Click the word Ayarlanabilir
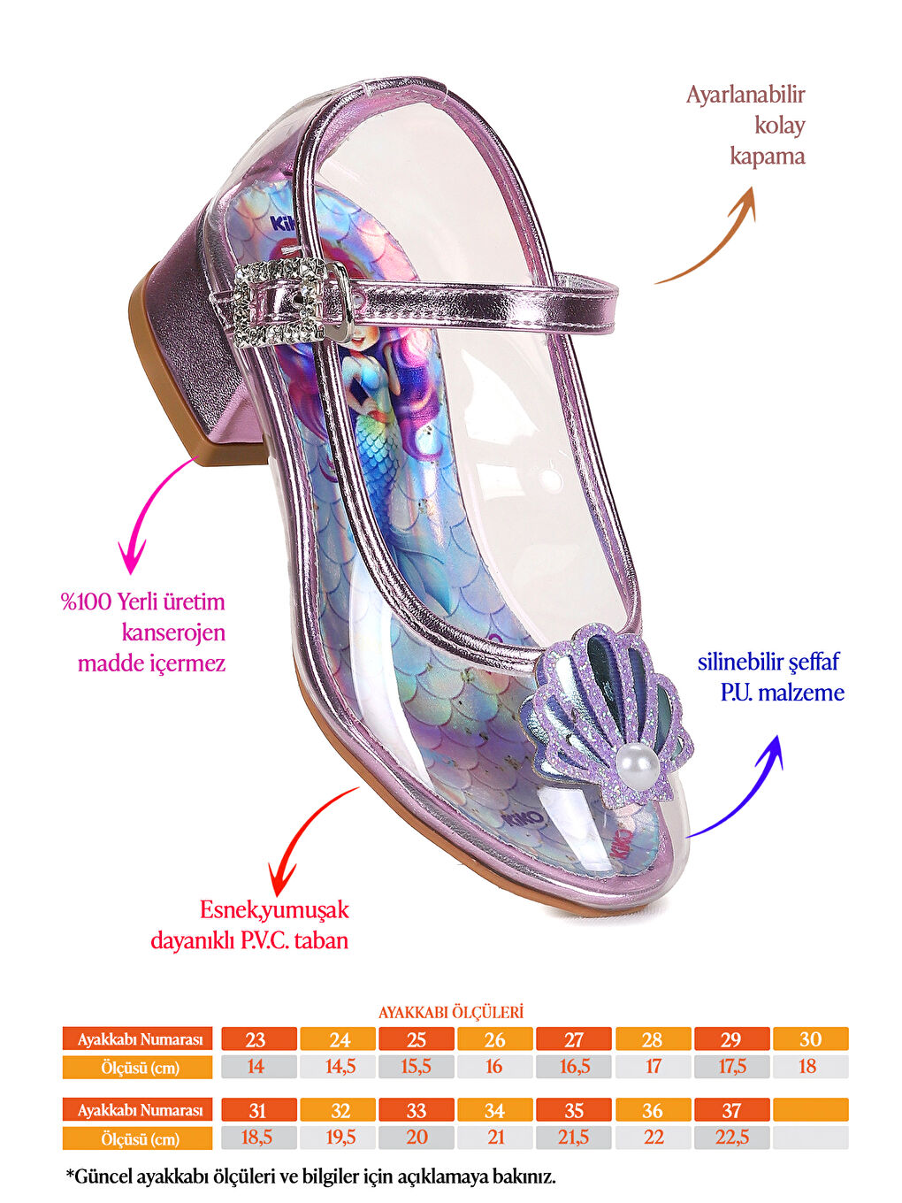tap(745, 95)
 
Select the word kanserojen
tap(173, 632)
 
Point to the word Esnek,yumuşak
tap(274, 909)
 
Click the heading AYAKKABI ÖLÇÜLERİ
tap(451, 1012)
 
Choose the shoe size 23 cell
tap(256, 1039)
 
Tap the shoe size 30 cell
tap(810, 1039)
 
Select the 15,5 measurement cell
tap(416, 1067)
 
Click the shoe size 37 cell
tap(731, 1110)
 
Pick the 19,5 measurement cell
tap(340, 1138)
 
